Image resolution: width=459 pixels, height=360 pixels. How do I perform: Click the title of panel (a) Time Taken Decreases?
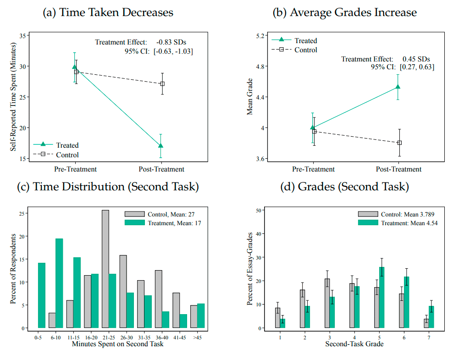108,12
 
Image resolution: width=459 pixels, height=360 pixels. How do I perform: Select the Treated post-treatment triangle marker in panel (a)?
160,146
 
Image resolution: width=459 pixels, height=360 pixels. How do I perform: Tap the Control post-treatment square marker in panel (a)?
162,84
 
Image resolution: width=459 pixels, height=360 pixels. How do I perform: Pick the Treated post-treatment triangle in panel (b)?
398,87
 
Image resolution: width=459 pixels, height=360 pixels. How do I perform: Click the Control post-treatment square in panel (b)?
399,143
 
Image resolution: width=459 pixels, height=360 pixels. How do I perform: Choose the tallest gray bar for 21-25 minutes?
105,269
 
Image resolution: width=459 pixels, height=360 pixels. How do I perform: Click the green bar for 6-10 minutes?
59,283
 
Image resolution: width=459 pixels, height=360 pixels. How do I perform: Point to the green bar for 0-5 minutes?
42,295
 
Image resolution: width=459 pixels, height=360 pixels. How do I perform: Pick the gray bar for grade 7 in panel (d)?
426,323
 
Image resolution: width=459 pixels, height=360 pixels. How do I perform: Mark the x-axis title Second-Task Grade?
354,343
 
